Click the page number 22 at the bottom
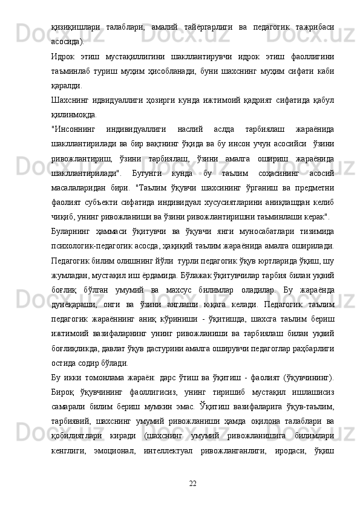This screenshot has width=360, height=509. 192,482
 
